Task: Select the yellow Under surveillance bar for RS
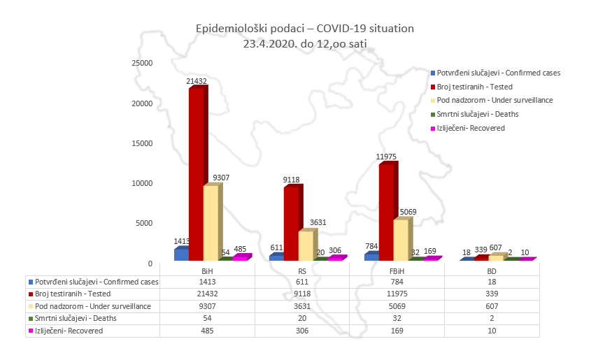point(306,245)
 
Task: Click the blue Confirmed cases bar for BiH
point(181,254)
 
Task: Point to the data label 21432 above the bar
point(197,82)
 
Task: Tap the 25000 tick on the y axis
point(143,63)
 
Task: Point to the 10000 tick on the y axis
point(143,183)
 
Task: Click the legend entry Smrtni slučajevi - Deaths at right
point(478,114)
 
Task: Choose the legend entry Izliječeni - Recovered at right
point(471,128)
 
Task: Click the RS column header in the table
point(302,269)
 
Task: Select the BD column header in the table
point(492,269)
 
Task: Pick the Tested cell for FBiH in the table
point(397,294)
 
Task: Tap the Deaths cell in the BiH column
point(207,318)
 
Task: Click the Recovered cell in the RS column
point(302,331)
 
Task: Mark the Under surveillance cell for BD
point(492,306)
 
